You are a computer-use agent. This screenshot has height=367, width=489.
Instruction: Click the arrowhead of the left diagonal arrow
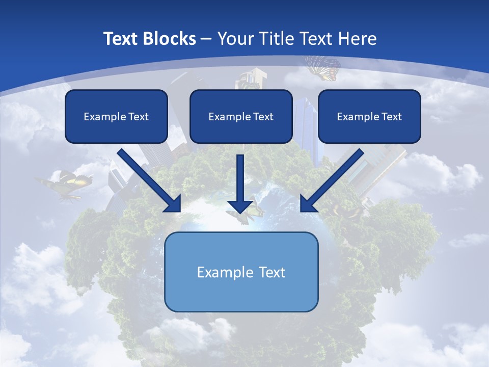point(173,204)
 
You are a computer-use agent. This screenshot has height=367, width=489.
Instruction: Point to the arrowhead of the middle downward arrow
point(240,207)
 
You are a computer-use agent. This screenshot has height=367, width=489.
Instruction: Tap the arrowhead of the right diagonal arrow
point(308,204)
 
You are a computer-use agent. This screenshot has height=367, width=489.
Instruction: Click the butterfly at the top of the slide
point(323,68)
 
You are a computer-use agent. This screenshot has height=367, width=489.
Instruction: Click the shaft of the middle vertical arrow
point(240,176)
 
